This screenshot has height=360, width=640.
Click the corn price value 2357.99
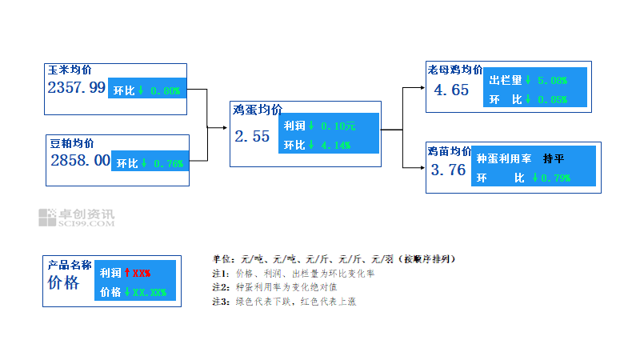(77, 88)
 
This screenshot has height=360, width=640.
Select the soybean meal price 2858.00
(80, 160)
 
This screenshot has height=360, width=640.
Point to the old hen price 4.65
(451, 90)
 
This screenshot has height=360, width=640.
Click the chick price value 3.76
(448, 170)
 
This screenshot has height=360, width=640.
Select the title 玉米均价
(70, 70)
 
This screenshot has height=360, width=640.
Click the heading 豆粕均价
(72, 143)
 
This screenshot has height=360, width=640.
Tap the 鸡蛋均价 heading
(257, 110)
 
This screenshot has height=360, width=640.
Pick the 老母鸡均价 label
(454, 70)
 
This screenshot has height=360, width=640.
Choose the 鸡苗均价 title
(449, 150)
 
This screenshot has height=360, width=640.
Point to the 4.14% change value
(335, 146)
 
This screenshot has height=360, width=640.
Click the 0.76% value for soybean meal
(167, 163)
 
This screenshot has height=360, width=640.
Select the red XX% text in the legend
(142, 273)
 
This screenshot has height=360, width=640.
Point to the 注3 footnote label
(220, 302)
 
